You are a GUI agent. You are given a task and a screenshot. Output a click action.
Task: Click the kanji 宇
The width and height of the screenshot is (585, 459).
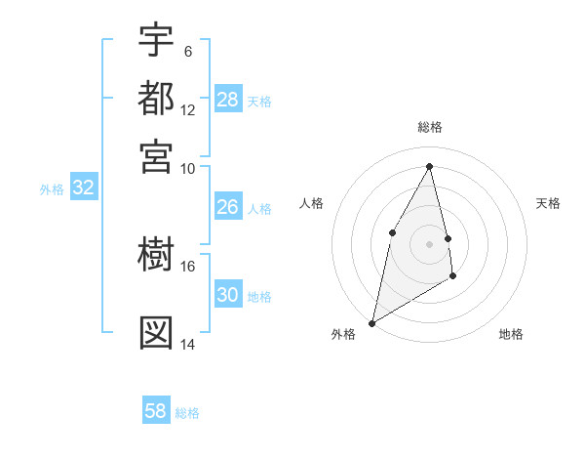[156, 41]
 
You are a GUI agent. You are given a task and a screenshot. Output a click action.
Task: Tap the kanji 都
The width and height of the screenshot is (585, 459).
[156, 98]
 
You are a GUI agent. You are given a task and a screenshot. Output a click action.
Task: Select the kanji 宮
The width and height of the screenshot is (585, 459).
[156, 154]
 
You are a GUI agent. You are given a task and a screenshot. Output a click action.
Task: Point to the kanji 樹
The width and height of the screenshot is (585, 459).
[156, 256]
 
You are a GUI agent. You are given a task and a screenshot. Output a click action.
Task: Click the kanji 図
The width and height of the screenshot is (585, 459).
[156, 332]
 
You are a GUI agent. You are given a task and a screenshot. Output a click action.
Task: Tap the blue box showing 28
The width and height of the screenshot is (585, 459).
[228, 100]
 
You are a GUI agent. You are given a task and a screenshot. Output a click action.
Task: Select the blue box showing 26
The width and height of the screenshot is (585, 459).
[228, 207]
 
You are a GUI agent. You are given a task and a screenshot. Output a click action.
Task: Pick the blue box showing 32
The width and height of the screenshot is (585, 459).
[84, 188]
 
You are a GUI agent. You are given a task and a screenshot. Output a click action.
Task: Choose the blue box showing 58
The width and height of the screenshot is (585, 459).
[156, 411]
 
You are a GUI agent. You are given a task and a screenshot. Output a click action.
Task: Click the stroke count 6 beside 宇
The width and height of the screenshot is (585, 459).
[187, 52]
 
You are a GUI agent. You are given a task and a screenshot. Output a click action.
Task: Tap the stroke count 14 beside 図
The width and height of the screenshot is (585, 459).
[187, 344]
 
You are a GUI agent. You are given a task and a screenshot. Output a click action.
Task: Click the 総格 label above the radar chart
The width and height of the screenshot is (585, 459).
[429, 127]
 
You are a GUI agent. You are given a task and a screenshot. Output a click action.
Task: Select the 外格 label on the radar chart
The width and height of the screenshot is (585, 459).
[343, 334]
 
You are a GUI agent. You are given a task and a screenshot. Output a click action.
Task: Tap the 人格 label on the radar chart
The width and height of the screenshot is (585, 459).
[312, 203]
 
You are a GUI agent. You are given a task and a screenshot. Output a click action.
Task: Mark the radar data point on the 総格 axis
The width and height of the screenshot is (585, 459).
[429, 166]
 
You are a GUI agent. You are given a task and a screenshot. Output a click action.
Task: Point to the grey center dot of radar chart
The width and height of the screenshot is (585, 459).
[429, 243]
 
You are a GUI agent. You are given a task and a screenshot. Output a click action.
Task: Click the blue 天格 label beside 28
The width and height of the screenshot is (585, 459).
[259, 101]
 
